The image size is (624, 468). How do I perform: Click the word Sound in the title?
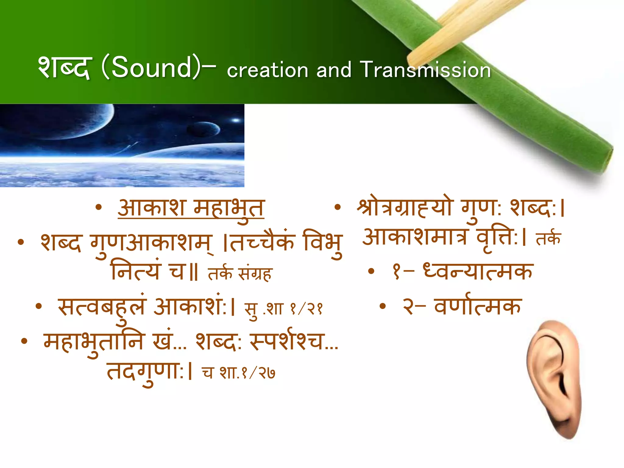click(x=151, y=68)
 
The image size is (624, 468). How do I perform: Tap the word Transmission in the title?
click(x=425, y=70)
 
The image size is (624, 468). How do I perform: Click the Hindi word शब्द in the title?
click(x=64, y=68)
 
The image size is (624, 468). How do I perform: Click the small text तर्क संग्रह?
click(x=240, y=273)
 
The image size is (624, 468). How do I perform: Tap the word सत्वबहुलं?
click(x=102, y=306)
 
